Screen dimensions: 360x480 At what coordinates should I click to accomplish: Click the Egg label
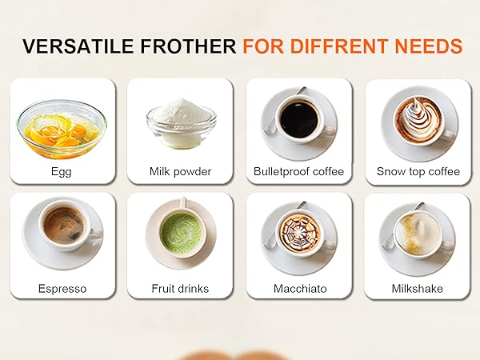(61, 171)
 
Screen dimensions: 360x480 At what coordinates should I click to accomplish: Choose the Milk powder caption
(180, 171)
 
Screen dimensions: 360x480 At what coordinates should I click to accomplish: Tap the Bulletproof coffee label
(298, 171)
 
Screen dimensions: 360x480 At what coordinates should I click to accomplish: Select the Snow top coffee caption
(418, 171)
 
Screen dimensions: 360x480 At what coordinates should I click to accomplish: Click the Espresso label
(61, 288)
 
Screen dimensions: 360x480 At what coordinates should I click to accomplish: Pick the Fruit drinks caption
(180, 288)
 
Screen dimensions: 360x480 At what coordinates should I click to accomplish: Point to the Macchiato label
(298, 288)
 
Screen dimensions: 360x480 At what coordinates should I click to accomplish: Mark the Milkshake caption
(418, 288)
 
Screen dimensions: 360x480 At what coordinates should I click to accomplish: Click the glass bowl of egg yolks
(61, 128)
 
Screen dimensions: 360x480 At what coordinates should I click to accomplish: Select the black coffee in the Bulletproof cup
(299, 118)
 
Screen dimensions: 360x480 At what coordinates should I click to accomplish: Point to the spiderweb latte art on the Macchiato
(299, 233)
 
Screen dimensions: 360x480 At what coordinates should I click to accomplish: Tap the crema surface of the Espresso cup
(63, 225)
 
